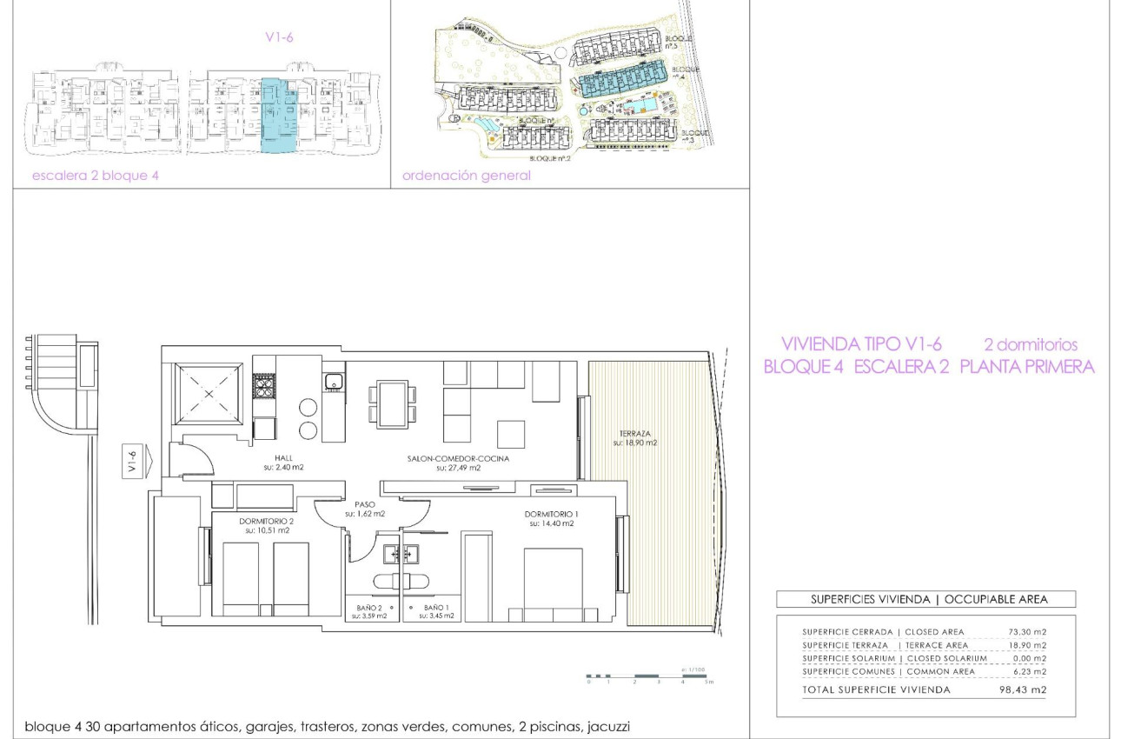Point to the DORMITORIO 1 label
(x=549, y=515)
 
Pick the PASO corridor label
(x=364, y=504)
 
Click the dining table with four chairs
(x=391, y=404)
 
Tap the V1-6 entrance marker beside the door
(x=133, y=460)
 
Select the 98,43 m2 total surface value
(x=1021, y=689)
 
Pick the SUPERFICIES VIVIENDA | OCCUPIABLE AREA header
(x=925, y=599)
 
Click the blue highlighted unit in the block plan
(x=280, y=114)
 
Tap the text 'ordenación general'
(x=466, y=176)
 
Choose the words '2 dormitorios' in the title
(x=1030, y=344)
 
